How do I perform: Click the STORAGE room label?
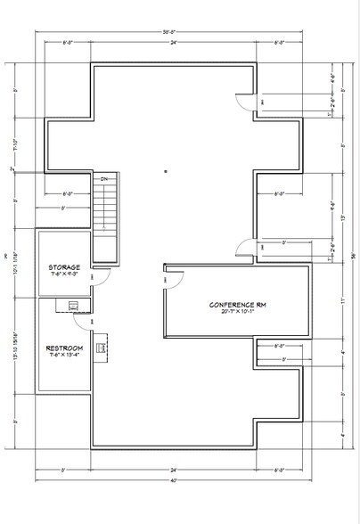64,266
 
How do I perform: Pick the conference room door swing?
173,279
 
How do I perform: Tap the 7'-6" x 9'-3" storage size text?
64,274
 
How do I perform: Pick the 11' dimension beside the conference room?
343,300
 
